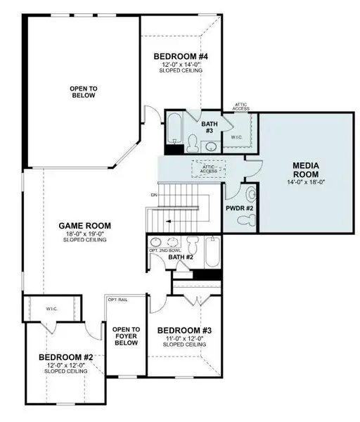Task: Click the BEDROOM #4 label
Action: [x=179, y=56]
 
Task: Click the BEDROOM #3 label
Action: [x=180, y=331]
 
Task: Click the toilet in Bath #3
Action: [x=192, y=143]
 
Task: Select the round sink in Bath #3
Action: [x=210, y=146]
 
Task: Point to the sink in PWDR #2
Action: [x=251, y=195]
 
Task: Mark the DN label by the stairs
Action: [x=153, y=194]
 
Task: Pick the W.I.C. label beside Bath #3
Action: [x=236, y=138]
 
